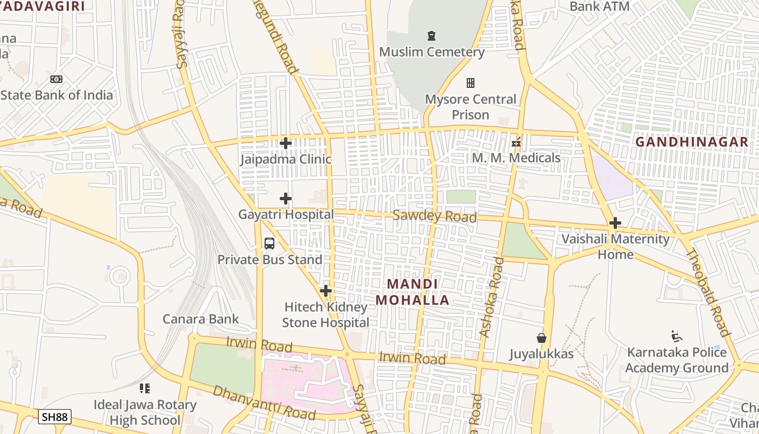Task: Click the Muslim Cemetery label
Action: coord(432,52)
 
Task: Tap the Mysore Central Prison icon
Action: coord(471,83)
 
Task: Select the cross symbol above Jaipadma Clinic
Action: coord(286,143)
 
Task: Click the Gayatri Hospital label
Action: coord(286,214)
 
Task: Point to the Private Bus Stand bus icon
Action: coord(269,244)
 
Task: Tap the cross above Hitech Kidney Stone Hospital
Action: coord(325,291)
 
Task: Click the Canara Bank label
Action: coord(201,319)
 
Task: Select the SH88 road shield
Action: coord(55,417)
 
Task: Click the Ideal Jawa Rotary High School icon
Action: coord(144,388)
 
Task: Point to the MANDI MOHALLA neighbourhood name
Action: coord(413,292)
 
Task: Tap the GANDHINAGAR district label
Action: coord(692,142)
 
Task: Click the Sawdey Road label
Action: coord(434,216)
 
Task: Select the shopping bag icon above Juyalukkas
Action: coord(541,338)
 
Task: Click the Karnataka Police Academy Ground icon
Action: coord(676,336)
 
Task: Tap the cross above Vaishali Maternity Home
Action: coord(615,223)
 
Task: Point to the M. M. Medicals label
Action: coord(516,158)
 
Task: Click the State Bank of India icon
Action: coord(56,79)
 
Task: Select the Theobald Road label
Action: coord(708,292)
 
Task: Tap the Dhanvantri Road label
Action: coord(263,403)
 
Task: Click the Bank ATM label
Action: coord(600,7)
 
